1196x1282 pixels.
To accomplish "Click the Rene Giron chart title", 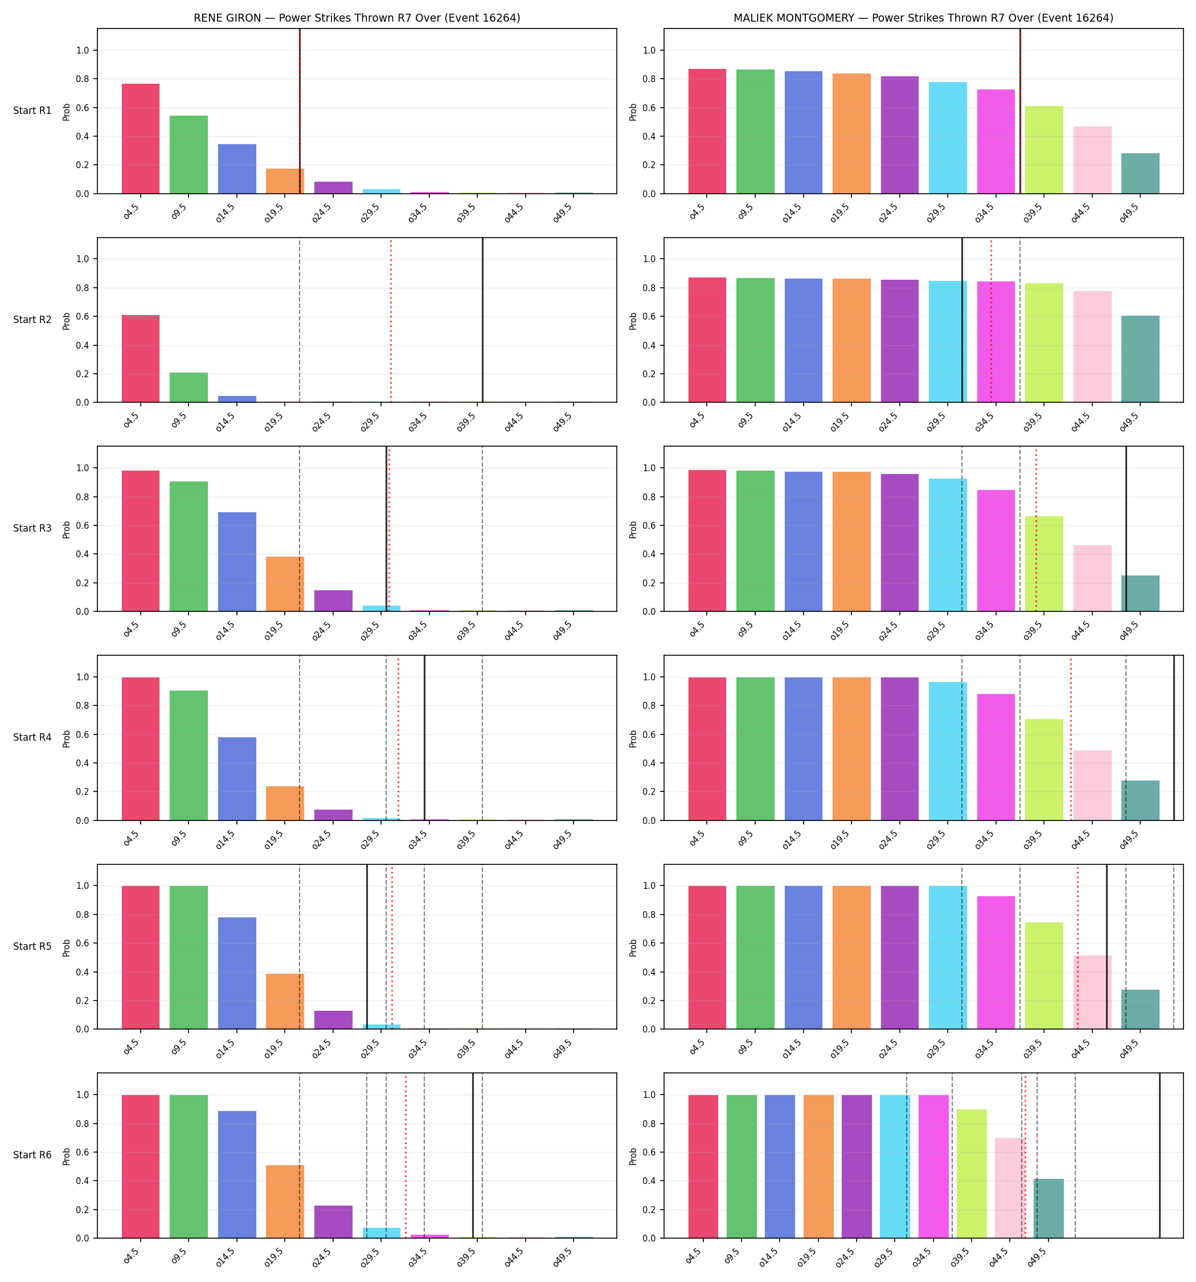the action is pyautogui.click(x=357, y=18).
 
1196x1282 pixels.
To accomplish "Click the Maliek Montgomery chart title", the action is pyautogui.click(x=923, y=18).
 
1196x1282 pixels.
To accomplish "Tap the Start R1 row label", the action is pyautogui.click(x=32, y=111).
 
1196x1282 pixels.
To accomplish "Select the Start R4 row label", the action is pyautogui.click(x=32, y=737).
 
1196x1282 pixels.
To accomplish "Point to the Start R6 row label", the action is pyautogui.click(x=32, y=1155).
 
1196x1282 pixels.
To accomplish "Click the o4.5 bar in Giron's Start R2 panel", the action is pyautogui.click(x=141, y=358).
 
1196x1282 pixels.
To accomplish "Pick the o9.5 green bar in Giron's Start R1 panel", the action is pyautogui.click(x=189, y=155).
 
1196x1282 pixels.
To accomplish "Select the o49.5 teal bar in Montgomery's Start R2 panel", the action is pyautogui.click(x=1140, y=359).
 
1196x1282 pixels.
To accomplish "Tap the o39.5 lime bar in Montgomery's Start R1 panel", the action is pyautogui.click(x=1044, y=150).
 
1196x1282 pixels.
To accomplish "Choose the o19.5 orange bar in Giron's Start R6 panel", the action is pyautogui.click(x=285, y=1202).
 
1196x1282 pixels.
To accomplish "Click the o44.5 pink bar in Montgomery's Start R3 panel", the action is pyautogui.click(x=1092, y=578).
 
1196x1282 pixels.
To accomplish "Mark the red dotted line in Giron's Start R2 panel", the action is pyautogui.click(x=391, y=320).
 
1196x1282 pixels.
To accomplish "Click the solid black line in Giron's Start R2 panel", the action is pyautogui.click(x=482, y=320).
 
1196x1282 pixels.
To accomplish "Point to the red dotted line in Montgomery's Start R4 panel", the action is pyautogui.click(x=1071, y=738).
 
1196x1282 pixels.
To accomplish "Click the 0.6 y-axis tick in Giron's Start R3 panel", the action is pyautogui.click(x=82, y=525).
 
